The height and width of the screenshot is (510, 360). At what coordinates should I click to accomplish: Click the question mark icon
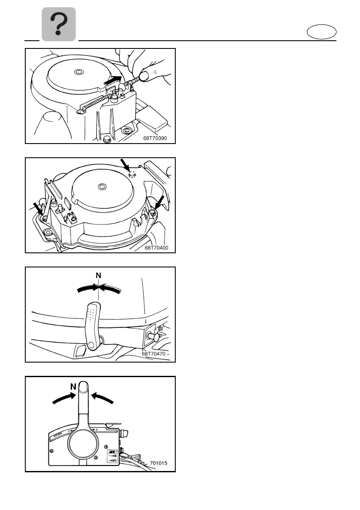59,24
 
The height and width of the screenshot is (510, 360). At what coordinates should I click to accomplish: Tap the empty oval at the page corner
321,33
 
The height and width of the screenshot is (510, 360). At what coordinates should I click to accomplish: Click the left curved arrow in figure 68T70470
87,289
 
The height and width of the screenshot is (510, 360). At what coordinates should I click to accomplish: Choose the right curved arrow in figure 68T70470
110,289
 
